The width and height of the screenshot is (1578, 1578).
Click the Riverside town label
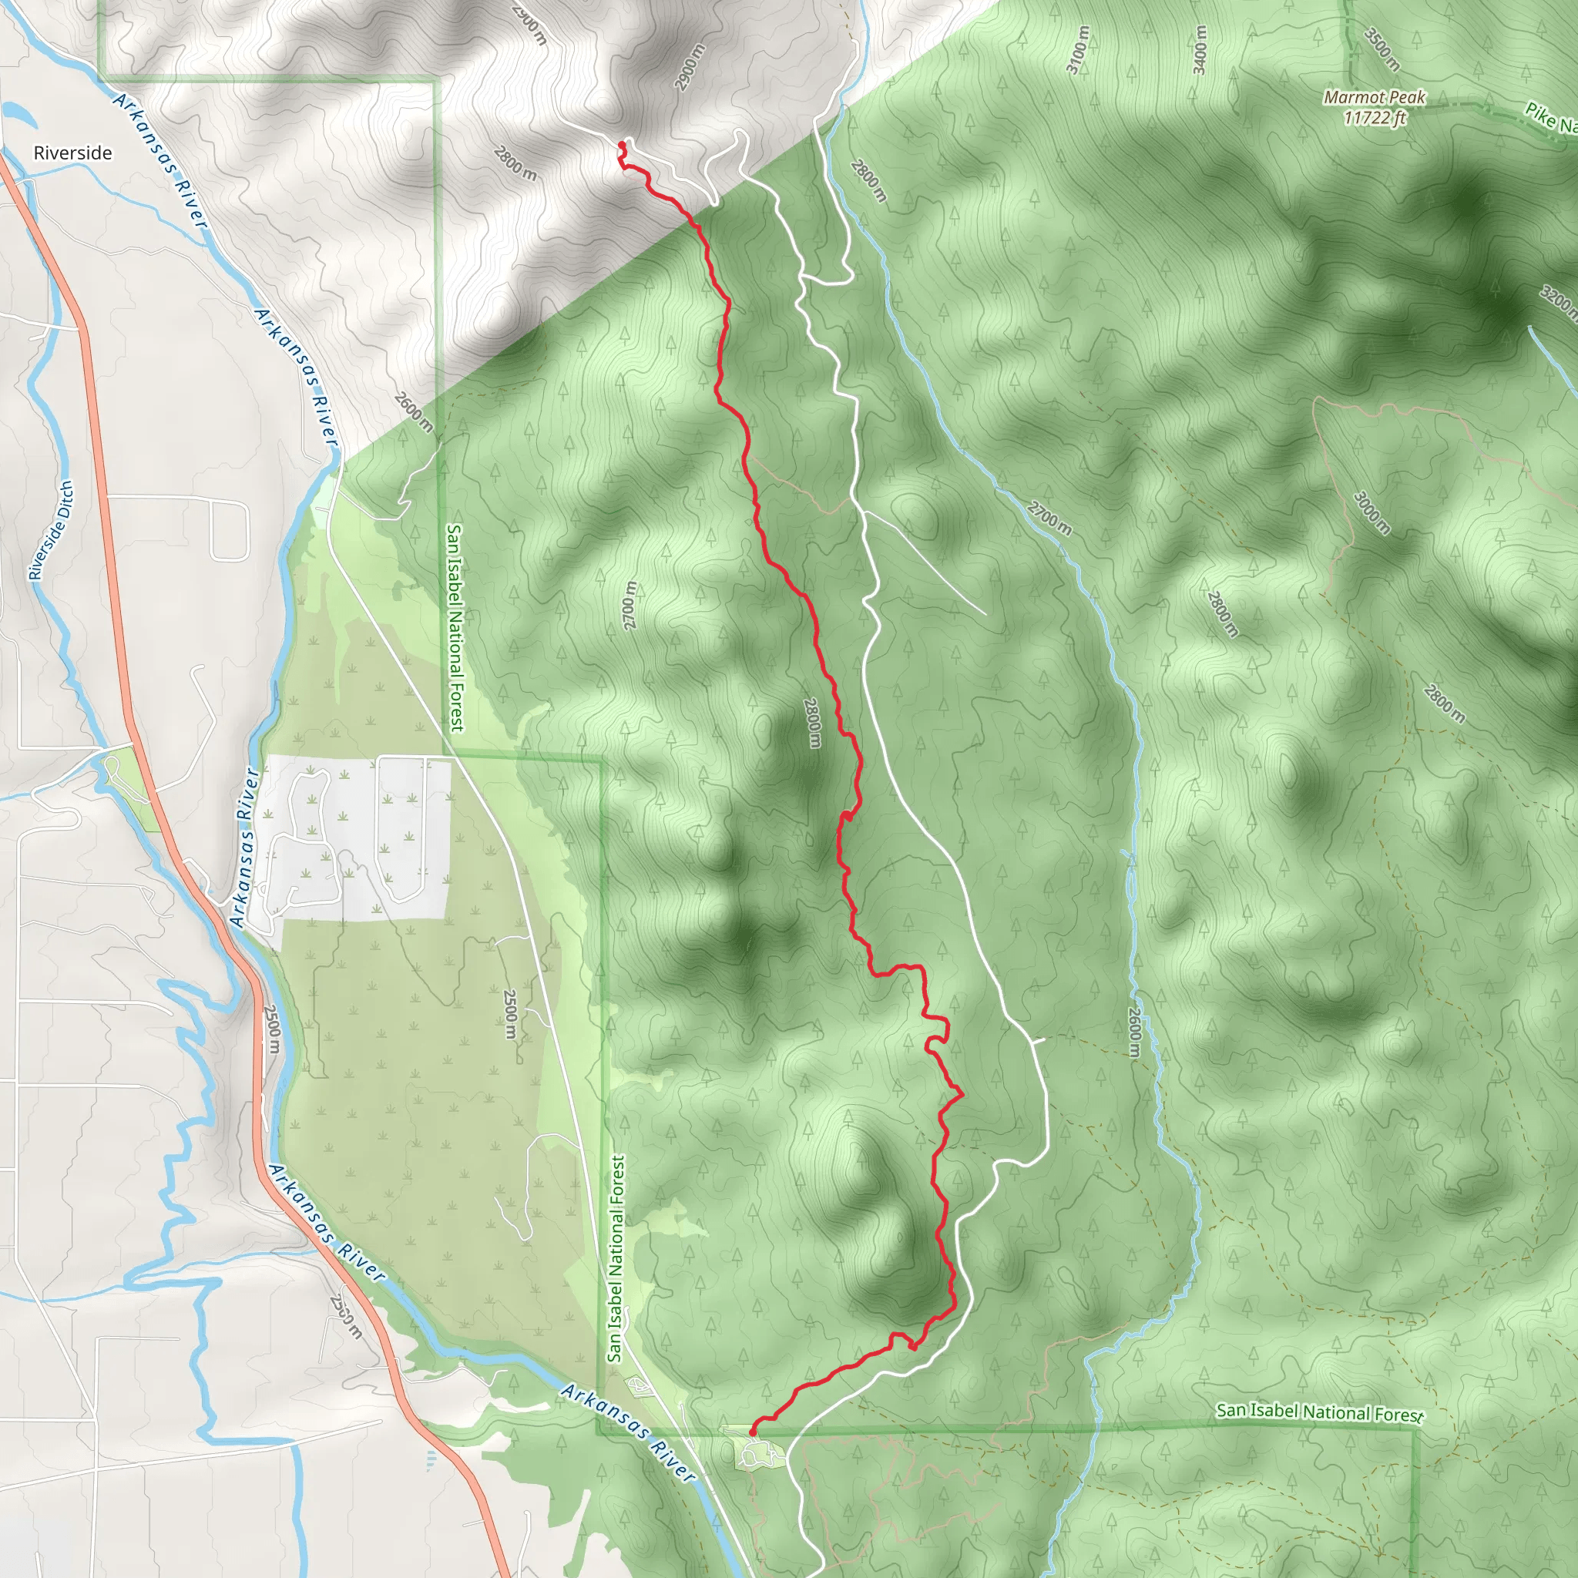click(72, 153)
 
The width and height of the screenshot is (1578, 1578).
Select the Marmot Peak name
click(1375, 97)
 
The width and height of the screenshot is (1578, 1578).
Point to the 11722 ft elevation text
click(1375, 118)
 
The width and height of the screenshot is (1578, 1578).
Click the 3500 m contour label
click(1382, 49)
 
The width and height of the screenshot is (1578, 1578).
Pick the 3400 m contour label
click(1199, 49)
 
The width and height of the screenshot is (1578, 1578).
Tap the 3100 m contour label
click(1078, 49)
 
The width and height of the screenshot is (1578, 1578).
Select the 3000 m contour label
click(1372, 512)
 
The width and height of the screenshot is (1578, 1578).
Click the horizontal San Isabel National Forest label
click(1319, 1412)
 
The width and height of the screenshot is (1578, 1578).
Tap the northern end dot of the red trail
click(622, 146)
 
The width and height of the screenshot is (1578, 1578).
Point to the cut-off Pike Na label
click(1550, 119)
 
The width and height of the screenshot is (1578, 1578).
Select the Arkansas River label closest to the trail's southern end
click(629, 1432)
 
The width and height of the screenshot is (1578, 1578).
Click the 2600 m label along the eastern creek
click(1133, 1032)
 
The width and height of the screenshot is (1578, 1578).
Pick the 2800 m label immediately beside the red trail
click(812, 722)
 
